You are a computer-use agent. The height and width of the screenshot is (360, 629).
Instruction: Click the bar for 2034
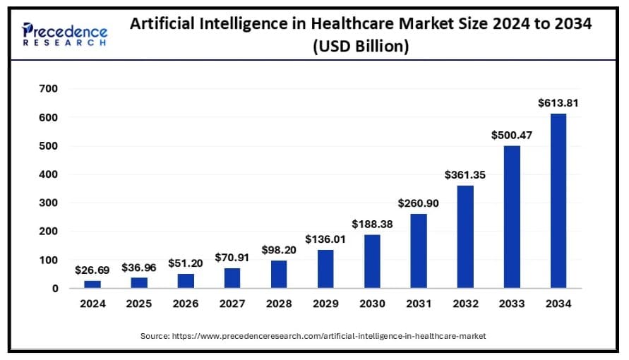click(x=558, y=200)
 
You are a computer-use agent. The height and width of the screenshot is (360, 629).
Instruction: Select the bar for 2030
click(x=372, y=261)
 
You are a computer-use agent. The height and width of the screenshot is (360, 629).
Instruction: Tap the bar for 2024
click(x=92, y=284)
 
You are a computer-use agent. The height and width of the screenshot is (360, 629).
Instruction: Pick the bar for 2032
click(x=465, y=236)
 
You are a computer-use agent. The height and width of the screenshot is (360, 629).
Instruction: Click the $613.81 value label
click(x=558, y=103)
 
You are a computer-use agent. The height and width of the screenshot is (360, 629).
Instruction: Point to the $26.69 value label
click(x=92, y=270)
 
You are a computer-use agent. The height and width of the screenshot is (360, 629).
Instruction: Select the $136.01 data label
click(x=325, y=239)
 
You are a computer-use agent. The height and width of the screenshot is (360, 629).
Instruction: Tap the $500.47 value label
click(x=511, y=135)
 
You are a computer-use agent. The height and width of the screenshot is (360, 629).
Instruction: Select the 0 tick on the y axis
click(x=54, y=288)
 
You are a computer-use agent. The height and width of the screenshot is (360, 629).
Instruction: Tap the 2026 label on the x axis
click(x=186, y=304)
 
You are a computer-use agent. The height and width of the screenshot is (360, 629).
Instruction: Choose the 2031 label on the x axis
click(x=418, y=304)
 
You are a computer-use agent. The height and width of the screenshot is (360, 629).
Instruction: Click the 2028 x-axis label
click(x=279, y=304)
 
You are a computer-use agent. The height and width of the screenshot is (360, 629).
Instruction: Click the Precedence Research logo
click(x=65, y=34)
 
